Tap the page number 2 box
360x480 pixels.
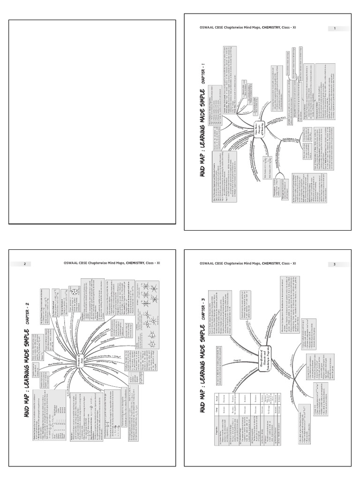(24, 264)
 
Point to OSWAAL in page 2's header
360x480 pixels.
(71, 263)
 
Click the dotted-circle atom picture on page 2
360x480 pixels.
(75, 292)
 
